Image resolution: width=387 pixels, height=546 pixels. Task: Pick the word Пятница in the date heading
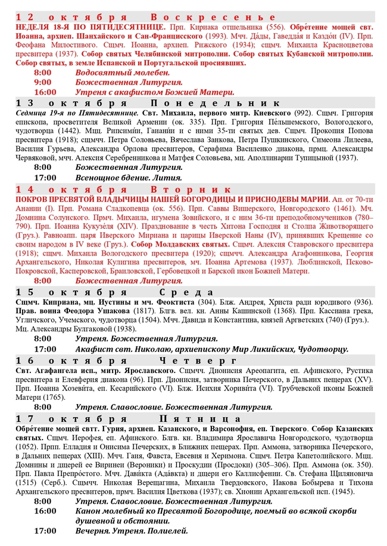click(197, 419)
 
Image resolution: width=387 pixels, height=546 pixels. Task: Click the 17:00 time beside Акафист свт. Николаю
click(45, 349)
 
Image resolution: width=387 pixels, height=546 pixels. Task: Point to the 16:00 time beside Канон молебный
click(45, 511)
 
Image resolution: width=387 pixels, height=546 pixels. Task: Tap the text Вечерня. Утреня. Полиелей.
click(131, 531)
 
